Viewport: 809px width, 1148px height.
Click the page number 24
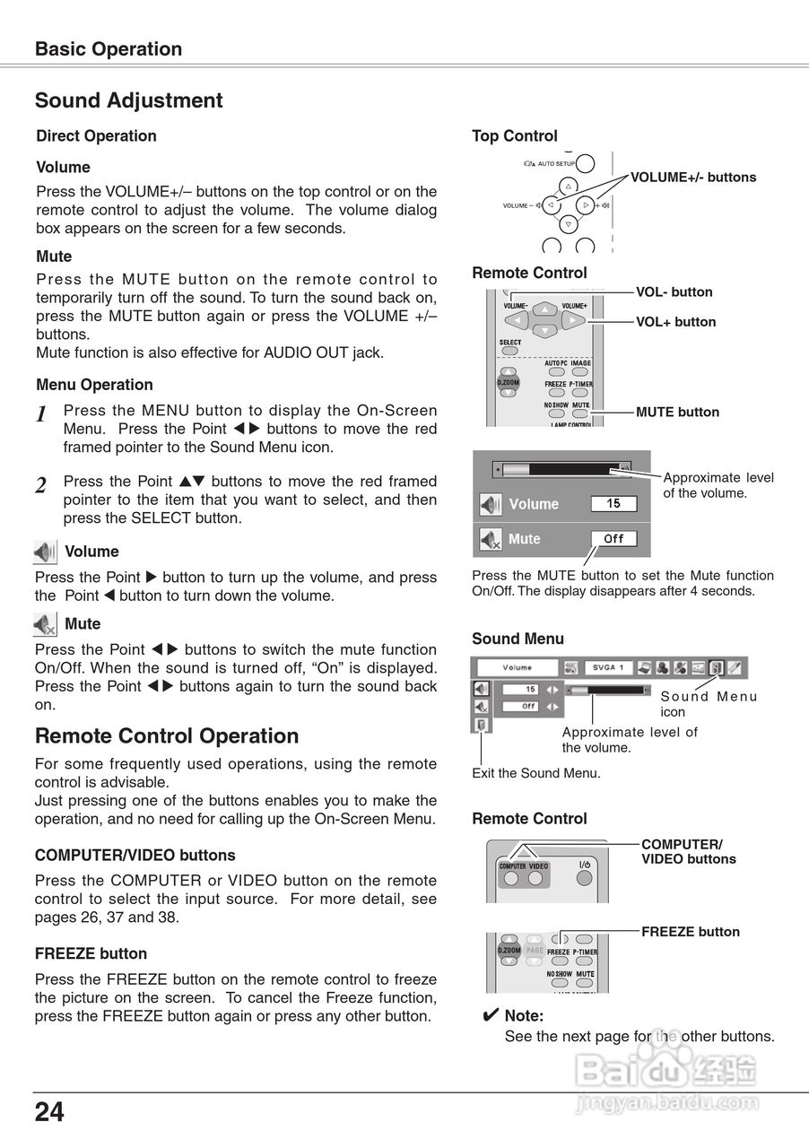[49, 1112]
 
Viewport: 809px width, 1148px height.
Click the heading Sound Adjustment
[128, 100]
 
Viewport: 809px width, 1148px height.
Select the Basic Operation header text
[108, 49]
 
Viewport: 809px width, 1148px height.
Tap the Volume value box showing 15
[613, 503]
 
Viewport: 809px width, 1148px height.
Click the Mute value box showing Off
[613, 538]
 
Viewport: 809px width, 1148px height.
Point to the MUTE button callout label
[677, 413]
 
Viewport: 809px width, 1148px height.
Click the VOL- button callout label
[674, 292]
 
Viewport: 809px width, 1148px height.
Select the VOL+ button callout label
[675, 322]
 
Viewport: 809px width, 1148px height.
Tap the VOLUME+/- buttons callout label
[692, 178]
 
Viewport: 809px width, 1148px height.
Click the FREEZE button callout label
[690, 932]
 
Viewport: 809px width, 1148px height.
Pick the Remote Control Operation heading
[166, 736]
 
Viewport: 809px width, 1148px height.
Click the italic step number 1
[41, 414]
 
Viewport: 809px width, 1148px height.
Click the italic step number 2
[41, 486]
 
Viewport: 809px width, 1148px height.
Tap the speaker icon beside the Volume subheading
[45, 552]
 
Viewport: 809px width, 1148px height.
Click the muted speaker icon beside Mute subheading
[45, 624]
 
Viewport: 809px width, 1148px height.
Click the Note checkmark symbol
[490, 1016]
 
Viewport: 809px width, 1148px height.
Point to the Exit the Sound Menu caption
[535, 773]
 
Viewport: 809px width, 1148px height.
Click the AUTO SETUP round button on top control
[585, 163]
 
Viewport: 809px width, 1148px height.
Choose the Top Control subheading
[514, 136]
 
